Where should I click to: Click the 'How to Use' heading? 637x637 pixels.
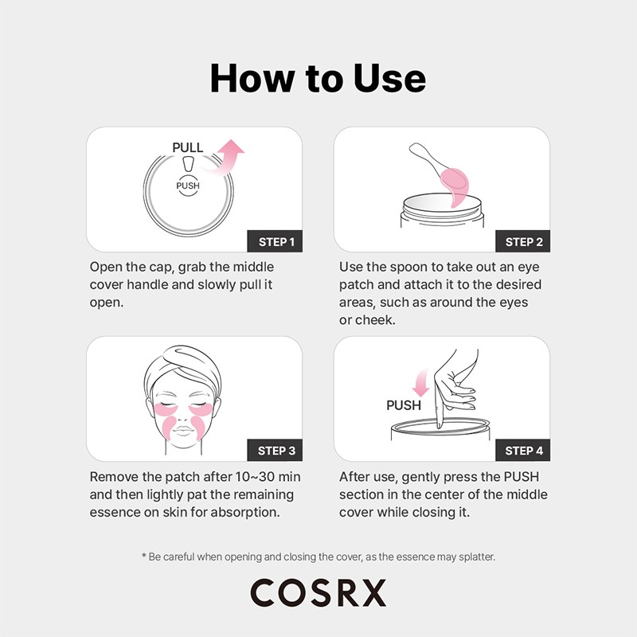coord(318,78)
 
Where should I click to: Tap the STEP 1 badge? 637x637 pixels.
coord(276,241)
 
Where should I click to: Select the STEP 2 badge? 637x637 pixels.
coord(523,241)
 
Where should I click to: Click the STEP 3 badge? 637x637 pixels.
coord(276,451)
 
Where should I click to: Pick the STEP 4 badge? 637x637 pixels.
coord(523,451)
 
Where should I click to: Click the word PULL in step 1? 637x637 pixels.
coord(188,147)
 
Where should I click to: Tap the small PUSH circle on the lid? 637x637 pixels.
coord(188,185)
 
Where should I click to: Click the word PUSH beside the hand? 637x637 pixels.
coord(404,405)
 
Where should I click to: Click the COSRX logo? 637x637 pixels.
coord(318,592)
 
